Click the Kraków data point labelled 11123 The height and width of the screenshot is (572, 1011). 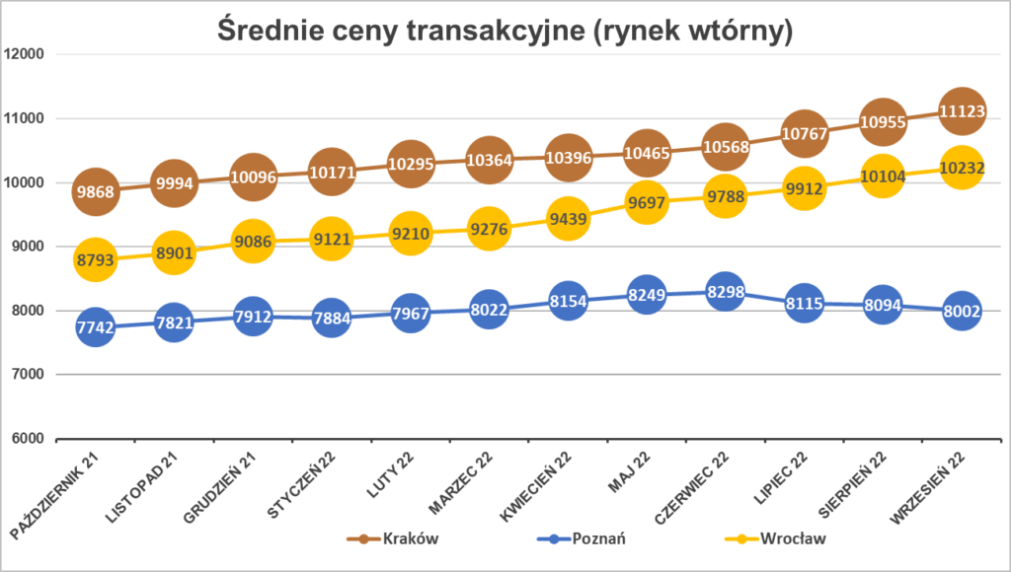tap(961, 111)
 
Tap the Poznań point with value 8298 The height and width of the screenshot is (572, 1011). tap(725, 292)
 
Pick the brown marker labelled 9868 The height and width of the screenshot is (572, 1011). tap(95, 190)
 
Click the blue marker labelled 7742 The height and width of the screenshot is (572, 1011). tap(95, 326)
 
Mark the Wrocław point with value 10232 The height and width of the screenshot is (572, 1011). tap(961, 169)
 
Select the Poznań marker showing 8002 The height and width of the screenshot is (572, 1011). tap(961, 311)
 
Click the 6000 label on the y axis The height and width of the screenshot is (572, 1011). tap(27, 439)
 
